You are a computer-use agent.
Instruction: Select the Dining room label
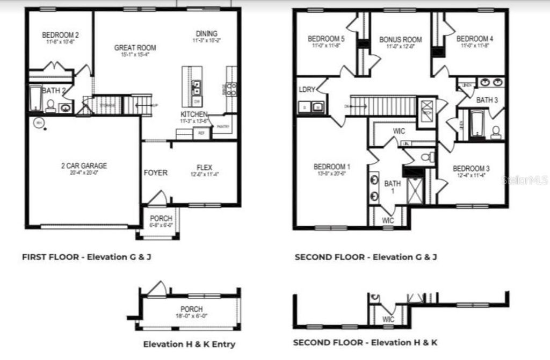(x=206, y=34)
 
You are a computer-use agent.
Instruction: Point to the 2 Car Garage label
(x=84, y=166)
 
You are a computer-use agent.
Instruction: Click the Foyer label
(x=155, y=173)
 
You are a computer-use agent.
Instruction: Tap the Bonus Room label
(x=401, y=40)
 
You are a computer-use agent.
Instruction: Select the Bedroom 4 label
(x=475, y=39)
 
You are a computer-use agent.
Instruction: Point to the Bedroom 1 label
(x=332, y=167)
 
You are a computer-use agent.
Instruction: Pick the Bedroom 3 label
(x=471, y=168)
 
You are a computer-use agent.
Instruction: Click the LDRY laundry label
(x=307, y=90)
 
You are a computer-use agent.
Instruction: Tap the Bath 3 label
(x=487, y=100)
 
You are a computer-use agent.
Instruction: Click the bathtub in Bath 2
(x=36, y=99)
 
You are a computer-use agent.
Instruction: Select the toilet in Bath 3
(x=496, y=132)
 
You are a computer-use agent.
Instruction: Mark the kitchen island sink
(x=197, y=87)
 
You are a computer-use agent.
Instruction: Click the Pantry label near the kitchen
(x=223, y=127)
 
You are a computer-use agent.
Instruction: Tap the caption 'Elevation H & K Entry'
(x=189, y=344)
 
